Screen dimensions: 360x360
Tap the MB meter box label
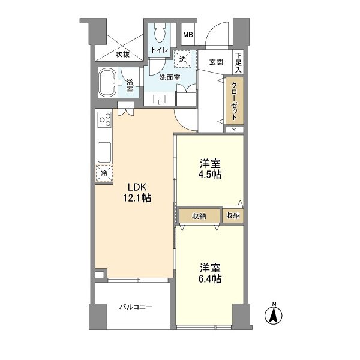click(188, 35)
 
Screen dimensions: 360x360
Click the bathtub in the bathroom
click(107, 83)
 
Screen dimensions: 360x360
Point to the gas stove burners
click(104, 119)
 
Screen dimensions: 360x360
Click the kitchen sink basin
click(104, 152)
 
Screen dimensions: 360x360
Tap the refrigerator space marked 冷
click(104, 173)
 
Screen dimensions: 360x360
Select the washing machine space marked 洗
click(182, 59)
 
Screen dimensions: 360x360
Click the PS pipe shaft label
click(234, 130)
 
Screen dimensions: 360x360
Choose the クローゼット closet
click(235, 101)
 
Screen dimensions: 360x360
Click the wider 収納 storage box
click(199, 216)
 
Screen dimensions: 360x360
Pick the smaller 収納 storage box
click(233, 215)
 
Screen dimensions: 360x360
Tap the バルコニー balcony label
click(136, 307)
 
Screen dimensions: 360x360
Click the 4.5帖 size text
click(210, 175)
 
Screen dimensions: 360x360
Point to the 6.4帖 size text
click(210, 279)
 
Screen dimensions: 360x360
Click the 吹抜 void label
click(122, 55)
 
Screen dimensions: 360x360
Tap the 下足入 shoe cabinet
click(238, 62)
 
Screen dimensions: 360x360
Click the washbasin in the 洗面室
click(159, 100)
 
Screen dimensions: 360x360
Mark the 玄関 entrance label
click(216, 62)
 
